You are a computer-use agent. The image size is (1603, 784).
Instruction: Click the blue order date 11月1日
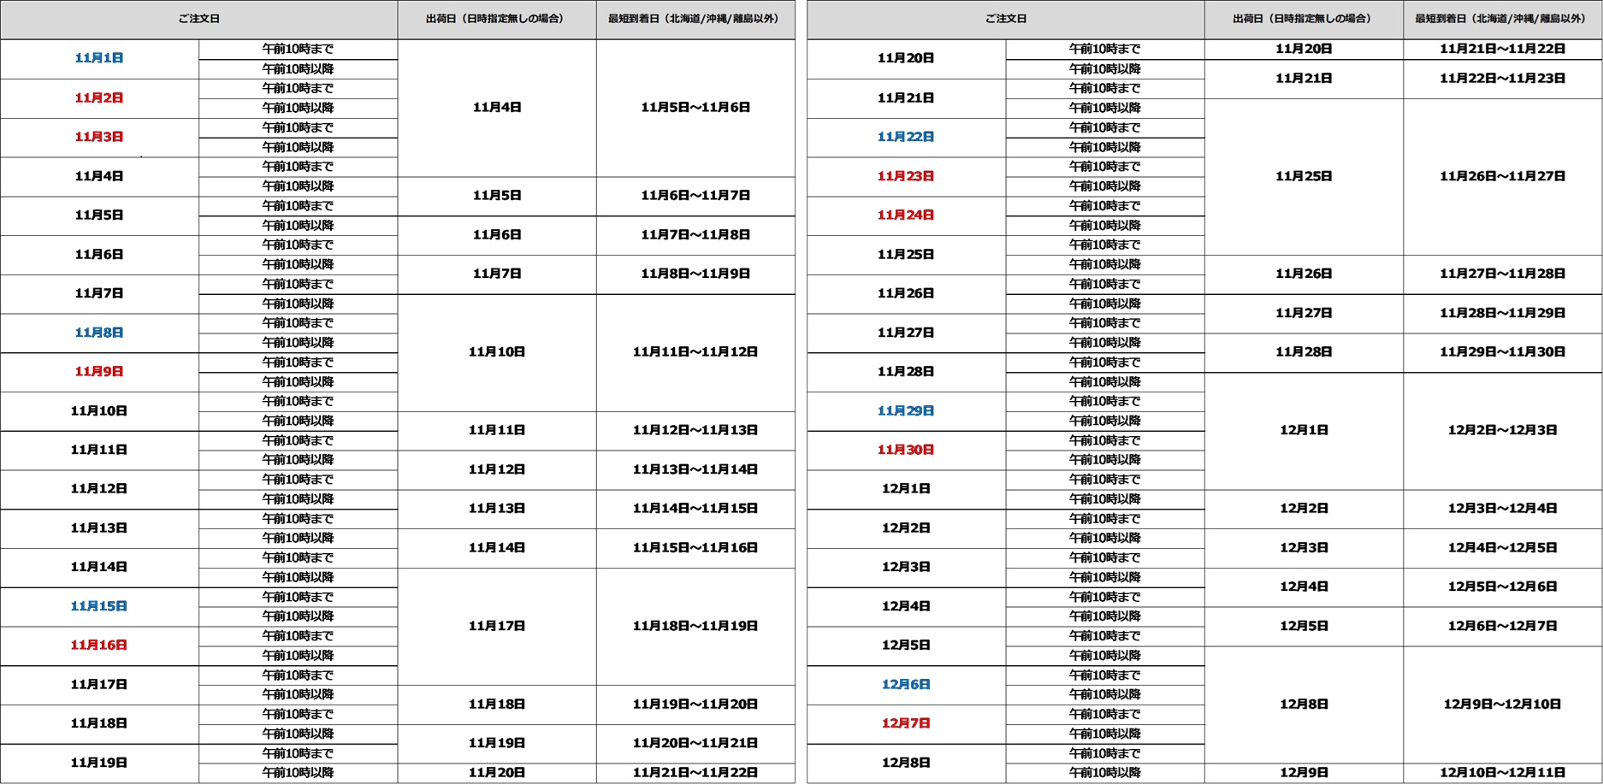point(99,58)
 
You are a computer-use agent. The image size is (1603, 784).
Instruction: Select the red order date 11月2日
point(99,97)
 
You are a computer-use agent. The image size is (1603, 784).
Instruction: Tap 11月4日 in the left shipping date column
point(497,108)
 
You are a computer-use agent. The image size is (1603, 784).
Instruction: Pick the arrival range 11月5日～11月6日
point(695,108)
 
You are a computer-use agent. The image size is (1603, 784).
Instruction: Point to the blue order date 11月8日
point(99,333)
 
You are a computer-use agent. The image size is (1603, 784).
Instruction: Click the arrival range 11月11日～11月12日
point(695,352)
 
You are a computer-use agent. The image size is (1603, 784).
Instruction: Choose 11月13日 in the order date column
point(99,528)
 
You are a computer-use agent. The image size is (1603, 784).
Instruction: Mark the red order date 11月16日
point(99,645)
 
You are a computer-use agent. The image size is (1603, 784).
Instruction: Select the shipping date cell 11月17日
point(497,626)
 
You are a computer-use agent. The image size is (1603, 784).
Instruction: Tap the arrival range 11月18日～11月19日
point(695,626)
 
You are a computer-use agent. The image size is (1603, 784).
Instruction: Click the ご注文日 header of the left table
point(198,19)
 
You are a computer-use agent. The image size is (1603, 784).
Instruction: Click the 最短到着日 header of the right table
point(1501,19)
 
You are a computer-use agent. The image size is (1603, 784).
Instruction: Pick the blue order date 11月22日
point(906,137)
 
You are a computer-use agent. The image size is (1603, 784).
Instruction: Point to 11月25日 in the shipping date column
point(1304,176)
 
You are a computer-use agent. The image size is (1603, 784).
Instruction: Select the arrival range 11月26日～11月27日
point(1502,176)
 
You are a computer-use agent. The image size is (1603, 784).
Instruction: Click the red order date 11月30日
point(906,450)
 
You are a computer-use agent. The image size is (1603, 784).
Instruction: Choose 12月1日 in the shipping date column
point(1304,430)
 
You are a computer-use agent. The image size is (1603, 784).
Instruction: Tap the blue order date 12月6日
point(906,685)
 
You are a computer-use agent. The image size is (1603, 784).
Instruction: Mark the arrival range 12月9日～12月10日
point(1502,704)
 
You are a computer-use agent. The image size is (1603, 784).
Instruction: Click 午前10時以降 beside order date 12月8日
point(1105,773)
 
